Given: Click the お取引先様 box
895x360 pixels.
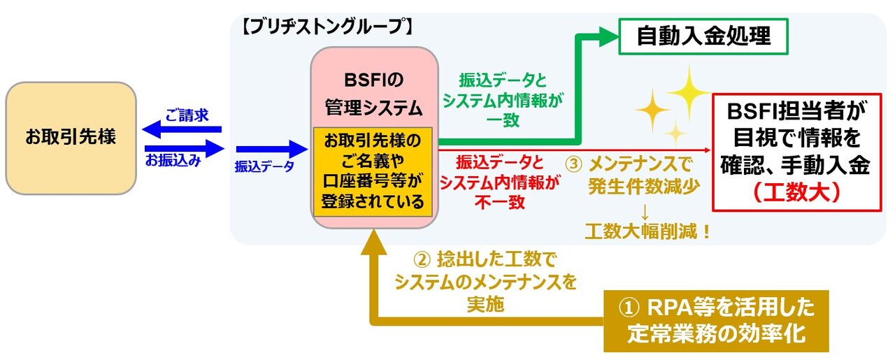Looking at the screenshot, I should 71,138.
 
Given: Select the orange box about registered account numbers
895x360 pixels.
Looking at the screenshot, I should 373,171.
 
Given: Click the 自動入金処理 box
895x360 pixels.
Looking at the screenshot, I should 703,37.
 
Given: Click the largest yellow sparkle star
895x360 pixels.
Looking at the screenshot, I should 688,89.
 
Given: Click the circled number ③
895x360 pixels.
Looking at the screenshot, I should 573,166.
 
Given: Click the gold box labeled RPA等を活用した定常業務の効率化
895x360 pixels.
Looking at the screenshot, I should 716,321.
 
